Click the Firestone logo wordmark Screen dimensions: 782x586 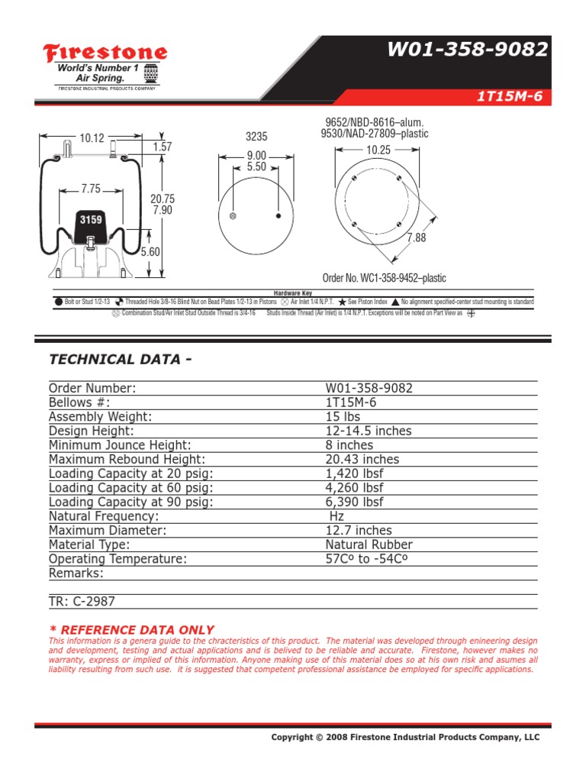tap(105, 53)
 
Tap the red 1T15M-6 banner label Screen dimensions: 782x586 tap(509, 97)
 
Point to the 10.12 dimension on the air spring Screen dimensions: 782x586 tap(92, 138)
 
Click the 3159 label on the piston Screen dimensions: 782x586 tap(91, 220)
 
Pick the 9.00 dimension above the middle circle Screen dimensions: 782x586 tap(256, 156)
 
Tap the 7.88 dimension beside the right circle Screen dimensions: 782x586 tap(417, 238)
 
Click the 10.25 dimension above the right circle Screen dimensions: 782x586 tap(378, 150)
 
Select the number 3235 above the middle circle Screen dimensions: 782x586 tap(256, 137)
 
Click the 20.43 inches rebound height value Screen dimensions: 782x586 tap(362, 459)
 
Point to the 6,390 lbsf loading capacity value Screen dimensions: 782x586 tap(355, 502)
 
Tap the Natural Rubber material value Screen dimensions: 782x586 tap(369, 544)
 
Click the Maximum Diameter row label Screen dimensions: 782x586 tap(108, 530)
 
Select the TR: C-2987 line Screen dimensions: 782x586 tap(82, 602)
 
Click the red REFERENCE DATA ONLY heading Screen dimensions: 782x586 tap(131, 629)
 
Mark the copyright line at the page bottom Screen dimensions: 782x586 tap(405, 737)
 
